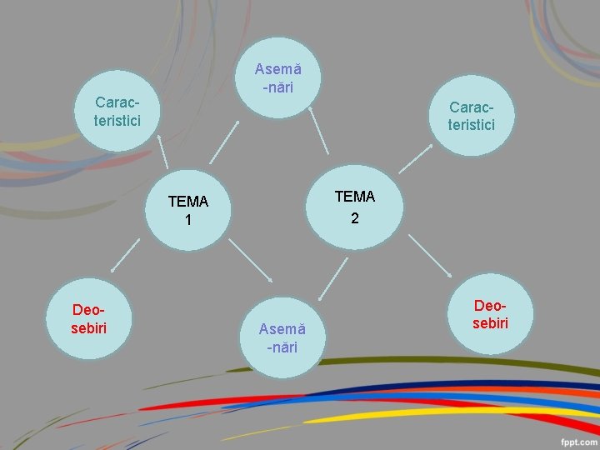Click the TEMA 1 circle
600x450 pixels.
187,211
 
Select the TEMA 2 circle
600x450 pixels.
355,207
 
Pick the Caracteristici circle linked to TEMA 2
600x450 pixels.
472,116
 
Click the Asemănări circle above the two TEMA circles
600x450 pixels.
278,77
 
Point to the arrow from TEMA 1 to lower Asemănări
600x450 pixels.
251,261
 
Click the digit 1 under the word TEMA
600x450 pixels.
188,221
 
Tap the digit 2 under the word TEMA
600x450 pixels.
355,218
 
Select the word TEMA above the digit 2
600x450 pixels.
355,197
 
